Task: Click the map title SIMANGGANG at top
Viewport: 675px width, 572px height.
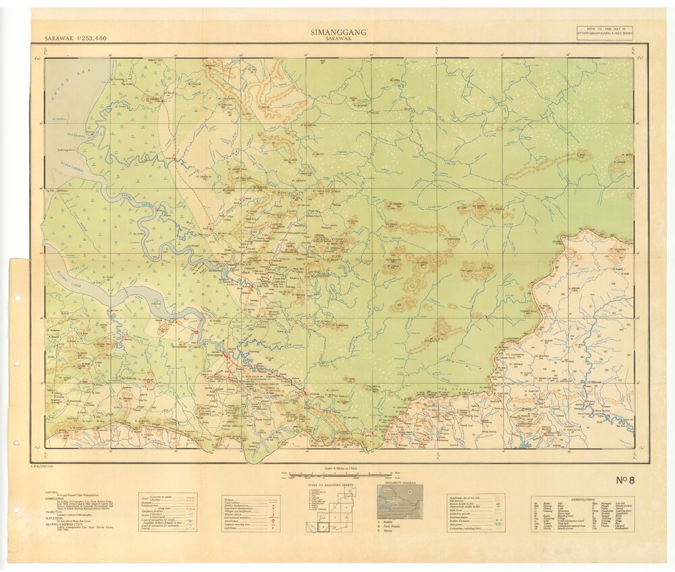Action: click(x=337, y=32)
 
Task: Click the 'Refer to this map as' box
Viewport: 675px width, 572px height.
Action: click(x=605, y=33)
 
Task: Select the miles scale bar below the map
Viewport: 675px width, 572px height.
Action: click(x=337, y=474)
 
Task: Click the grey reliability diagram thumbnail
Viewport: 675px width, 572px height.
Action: click(x=400, y=502)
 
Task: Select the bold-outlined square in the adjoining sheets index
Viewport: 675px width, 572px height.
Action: click(x=323, y=527)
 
